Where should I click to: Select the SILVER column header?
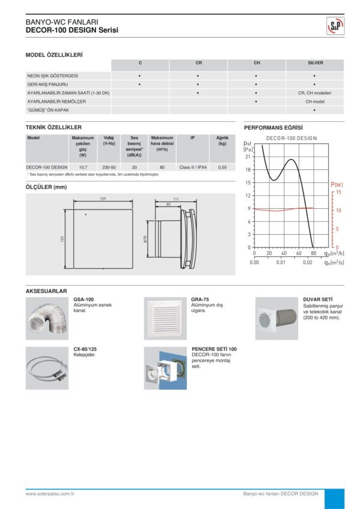315,62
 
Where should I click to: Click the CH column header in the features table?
257,62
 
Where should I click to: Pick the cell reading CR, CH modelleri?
314,93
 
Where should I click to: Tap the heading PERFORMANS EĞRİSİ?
274,128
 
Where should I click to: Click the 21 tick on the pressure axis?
248,156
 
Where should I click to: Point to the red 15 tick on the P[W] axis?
338,192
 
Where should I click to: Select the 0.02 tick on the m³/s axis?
307,262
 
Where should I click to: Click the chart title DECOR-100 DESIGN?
292,138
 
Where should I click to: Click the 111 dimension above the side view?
176,199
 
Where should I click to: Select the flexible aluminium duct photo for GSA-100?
46,319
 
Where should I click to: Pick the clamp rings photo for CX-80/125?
46,368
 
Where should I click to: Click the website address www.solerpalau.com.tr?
49,493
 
